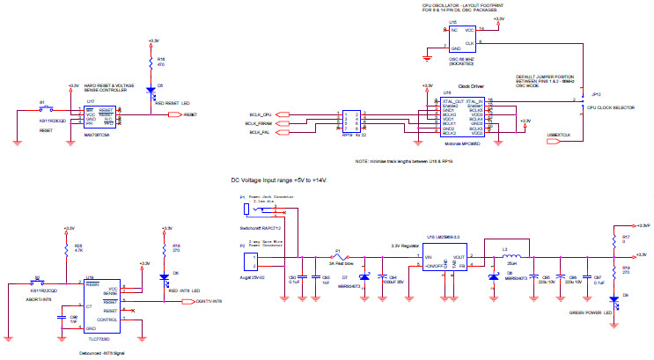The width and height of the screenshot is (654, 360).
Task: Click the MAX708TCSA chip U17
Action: point(99,115)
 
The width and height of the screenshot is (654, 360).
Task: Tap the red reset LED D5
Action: point(151,89)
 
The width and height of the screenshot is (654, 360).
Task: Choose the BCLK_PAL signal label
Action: point(261,132)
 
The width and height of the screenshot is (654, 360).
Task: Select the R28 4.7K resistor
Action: point(67,249)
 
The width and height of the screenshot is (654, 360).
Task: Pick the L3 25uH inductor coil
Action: point(510,258)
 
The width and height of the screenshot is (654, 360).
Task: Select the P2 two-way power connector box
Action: point(250,261)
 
